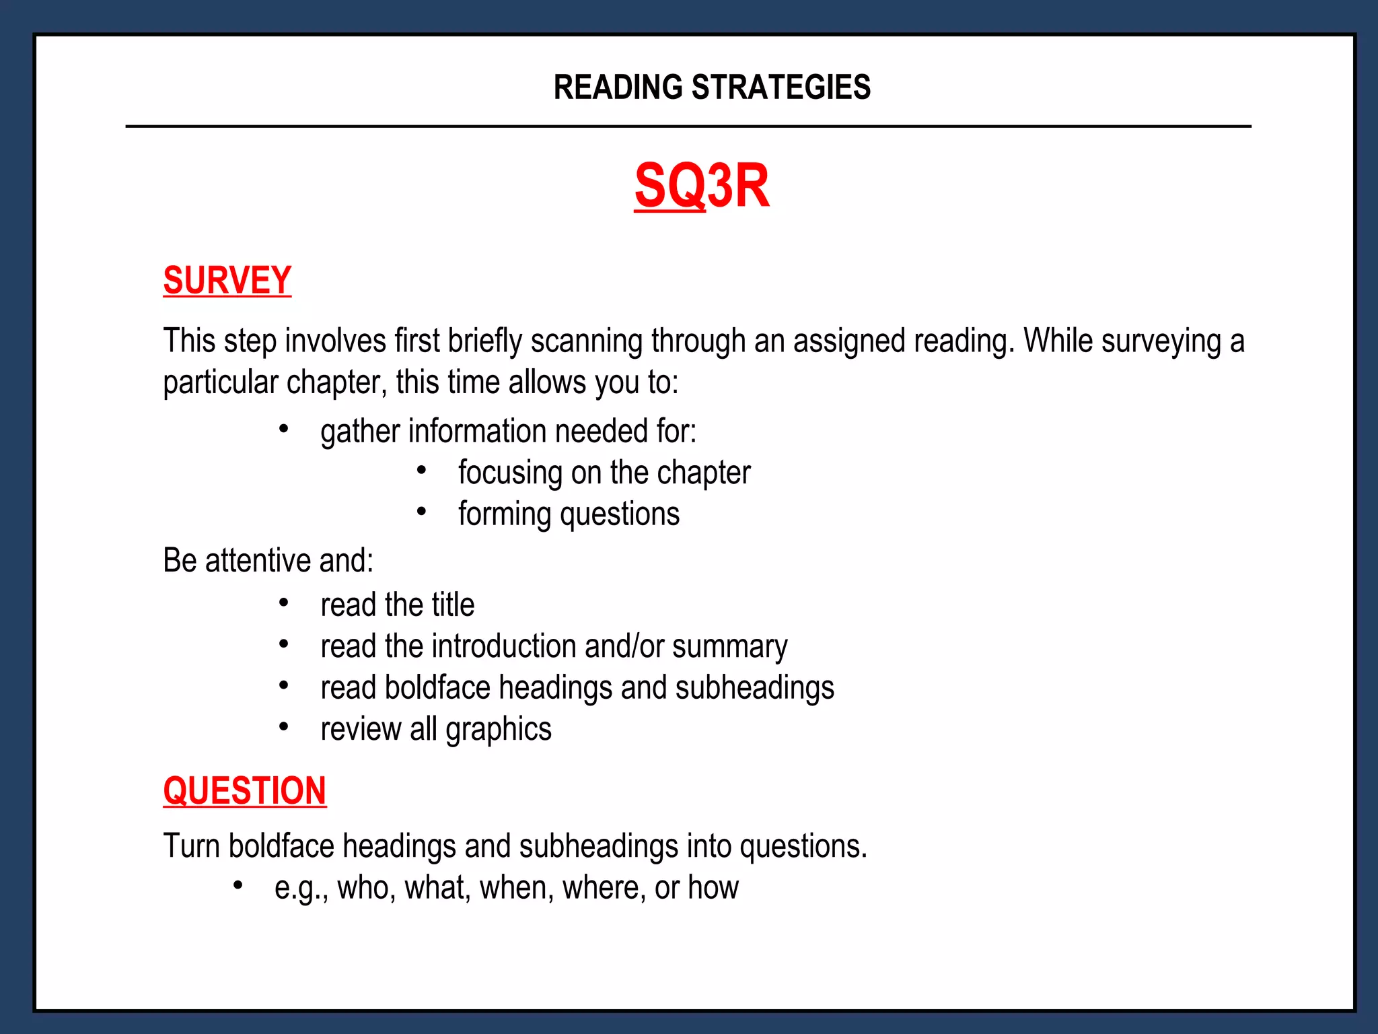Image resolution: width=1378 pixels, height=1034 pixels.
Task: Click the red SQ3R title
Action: pos(701,186)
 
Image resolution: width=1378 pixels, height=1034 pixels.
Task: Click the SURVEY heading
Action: pos(227,280)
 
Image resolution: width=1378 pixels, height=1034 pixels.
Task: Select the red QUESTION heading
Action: pos(245,790)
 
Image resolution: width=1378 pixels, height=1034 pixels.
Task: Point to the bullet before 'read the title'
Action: pos(284,602)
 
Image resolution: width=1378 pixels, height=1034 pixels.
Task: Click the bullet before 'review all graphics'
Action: pos(284,727)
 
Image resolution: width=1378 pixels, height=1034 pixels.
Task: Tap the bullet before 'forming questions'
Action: pos(421,512)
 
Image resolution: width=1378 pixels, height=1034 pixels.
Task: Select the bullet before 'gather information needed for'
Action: pos(284,429)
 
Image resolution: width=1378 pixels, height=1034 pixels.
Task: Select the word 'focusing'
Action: pos(509,473)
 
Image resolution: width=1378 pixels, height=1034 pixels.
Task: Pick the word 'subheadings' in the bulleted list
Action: pos(754,688)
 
